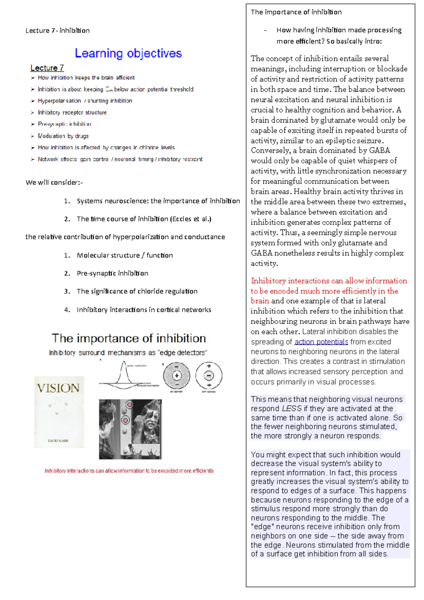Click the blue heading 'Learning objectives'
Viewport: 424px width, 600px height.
tap(128, 53)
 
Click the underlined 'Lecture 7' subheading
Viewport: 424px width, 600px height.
tap(47, 68)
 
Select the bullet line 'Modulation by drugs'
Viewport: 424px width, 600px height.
tap(63, 136)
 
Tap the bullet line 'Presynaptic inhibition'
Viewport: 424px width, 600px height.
tap(64, 124)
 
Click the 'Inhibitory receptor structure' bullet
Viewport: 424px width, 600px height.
tap(72, 112)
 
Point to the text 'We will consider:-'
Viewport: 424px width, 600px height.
tap(54, 183)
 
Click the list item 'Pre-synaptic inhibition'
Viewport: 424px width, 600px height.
tap(112, 273)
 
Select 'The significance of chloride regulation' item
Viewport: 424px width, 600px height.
tap(137, 291)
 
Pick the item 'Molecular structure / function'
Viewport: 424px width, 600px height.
tap(125, 255)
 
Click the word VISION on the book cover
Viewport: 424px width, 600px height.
tap(58, 388)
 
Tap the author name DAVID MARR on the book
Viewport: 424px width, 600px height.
tap(58, 441)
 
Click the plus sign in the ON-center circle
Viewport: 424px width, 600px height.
tap(177, 376)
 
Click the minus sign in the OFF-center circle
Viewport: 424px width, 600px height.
tap(209, 375)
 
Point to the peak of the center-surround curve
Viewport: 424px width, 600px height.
tap(123, 362)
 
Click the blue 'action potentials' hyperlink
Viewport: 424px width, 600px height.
tap(321, 342)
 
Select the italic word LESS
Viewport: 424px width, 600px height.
tap(291, 408)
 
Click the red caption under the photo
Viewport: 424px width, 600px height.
tap(129, 471)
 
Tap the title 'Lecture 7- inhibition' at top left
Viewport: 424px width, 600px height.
tap(58, 31)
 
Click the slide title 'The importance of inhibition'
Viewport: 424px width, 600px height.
tap(129, 338)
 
